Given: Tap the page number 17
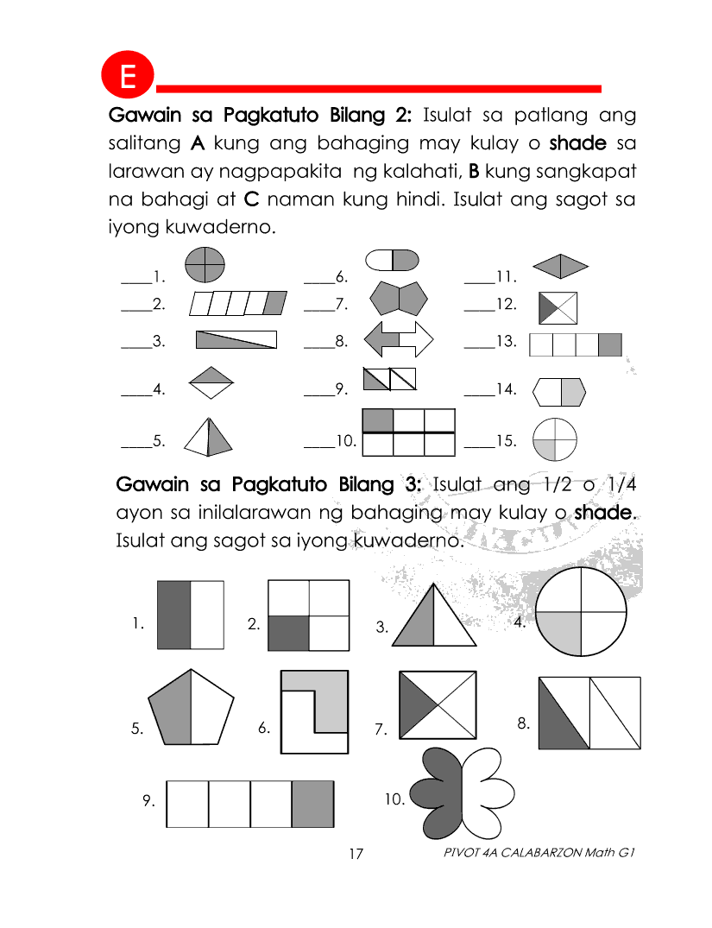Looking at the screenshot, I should [x=356, y=854].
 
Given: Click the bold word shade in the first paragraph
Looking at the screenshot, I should [x=577, y=142].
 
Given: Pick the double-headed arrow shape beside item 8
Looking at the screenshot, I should [x=400, y=338].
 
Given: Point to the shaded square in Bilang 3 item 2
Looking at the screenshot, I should [x=288, y=633].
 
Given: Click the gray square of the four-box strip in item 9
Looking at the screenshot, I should [x=312, y=804].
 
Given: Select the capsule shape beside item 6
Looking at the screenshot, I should [x=393, y=259].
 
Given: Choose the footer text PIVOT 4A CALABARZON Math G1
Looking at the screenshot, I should [x=539, y=852].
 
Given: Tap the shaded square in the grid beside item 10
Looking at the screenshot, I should [x=378, y=420].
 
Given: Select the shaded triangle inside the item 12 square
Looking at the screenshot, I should [x=546, y=308].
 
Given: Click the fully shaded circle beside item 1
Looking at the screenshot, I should [x=205, y=264].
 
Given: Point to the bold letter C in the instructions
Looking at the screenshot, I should [x=252, y=199].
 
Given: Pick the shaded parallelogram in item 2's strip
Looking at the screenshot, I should [x=275, y=304].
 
